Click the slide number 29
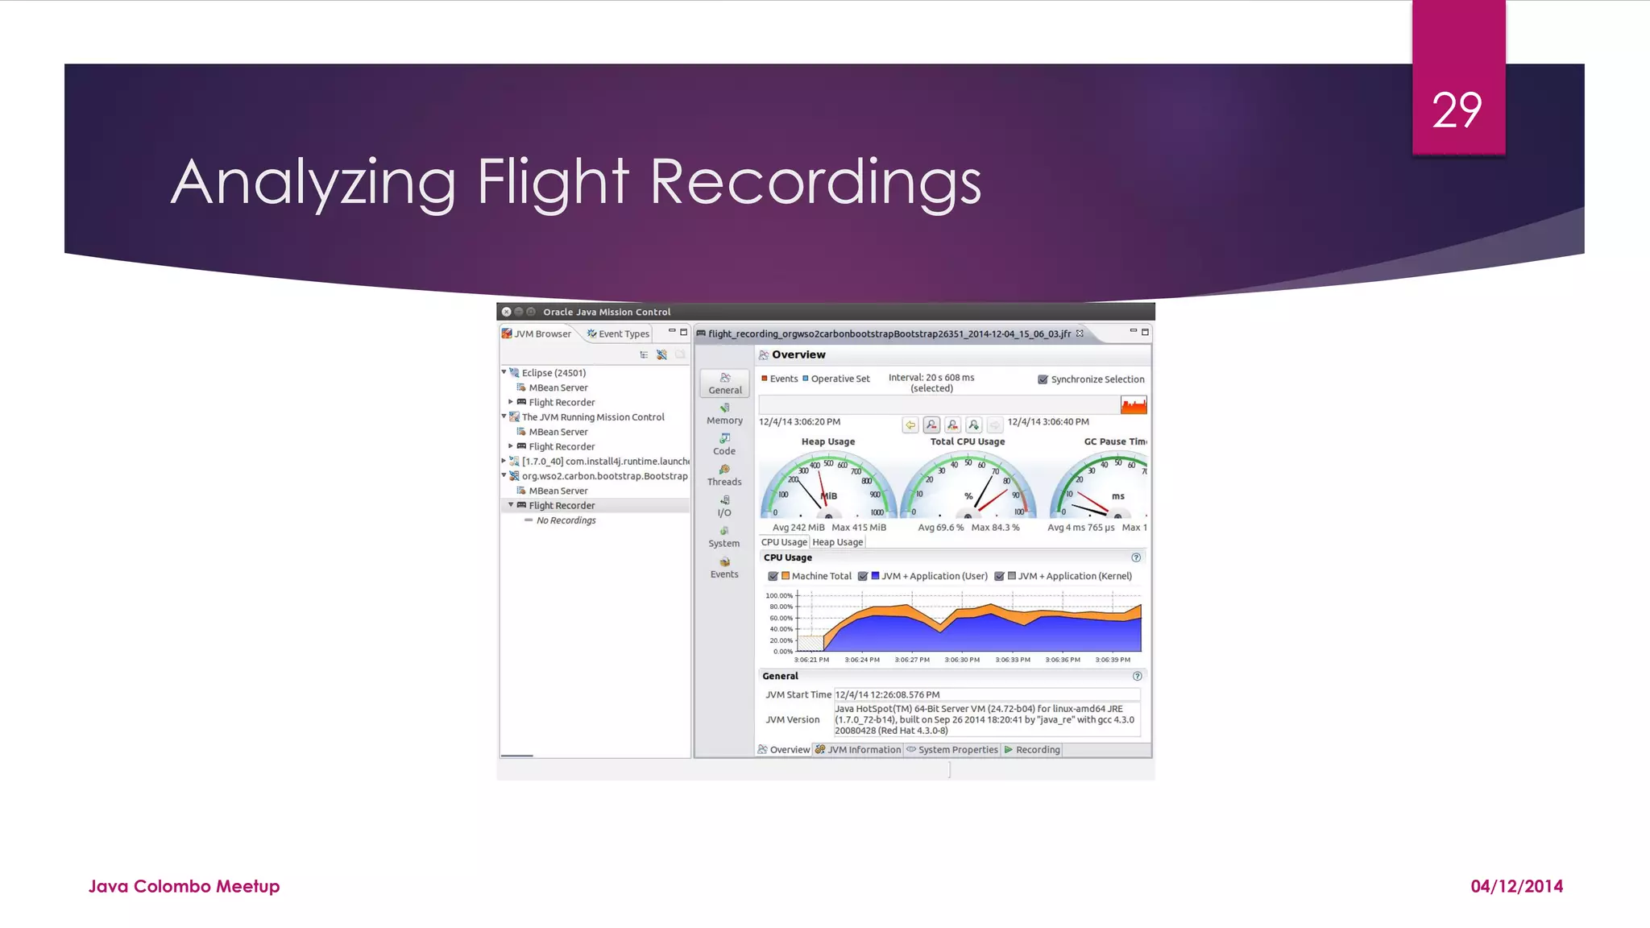coord(1457,110)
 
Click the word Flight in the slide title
coord(553,182)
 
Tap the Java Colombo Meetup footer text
coord(184,886)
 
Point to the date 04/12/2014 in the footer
coord(1516,886)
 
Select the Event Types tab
coord(618,333)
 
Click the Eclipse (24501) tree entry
coord(553,373)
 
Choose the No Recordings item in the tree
coord(566,520)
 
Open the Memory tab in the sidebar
coord(724,414)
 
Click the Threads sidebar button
coord(724,475)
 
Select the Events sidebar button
coord(724,568)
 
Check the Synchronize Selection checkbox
coord(1043,379)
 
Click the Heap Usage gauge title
coord(828,441)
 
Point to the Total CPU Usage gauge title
coord(968,441)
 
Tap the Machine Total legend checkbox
coord(773,576)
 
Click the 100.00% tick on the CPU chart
coord(779,595)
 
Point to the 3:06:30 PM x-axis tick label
coord(962,660)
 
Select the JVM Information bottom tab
coord(858,749)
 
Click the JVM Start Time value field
coord(986,694)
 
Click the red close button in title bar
coord(506,312)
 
